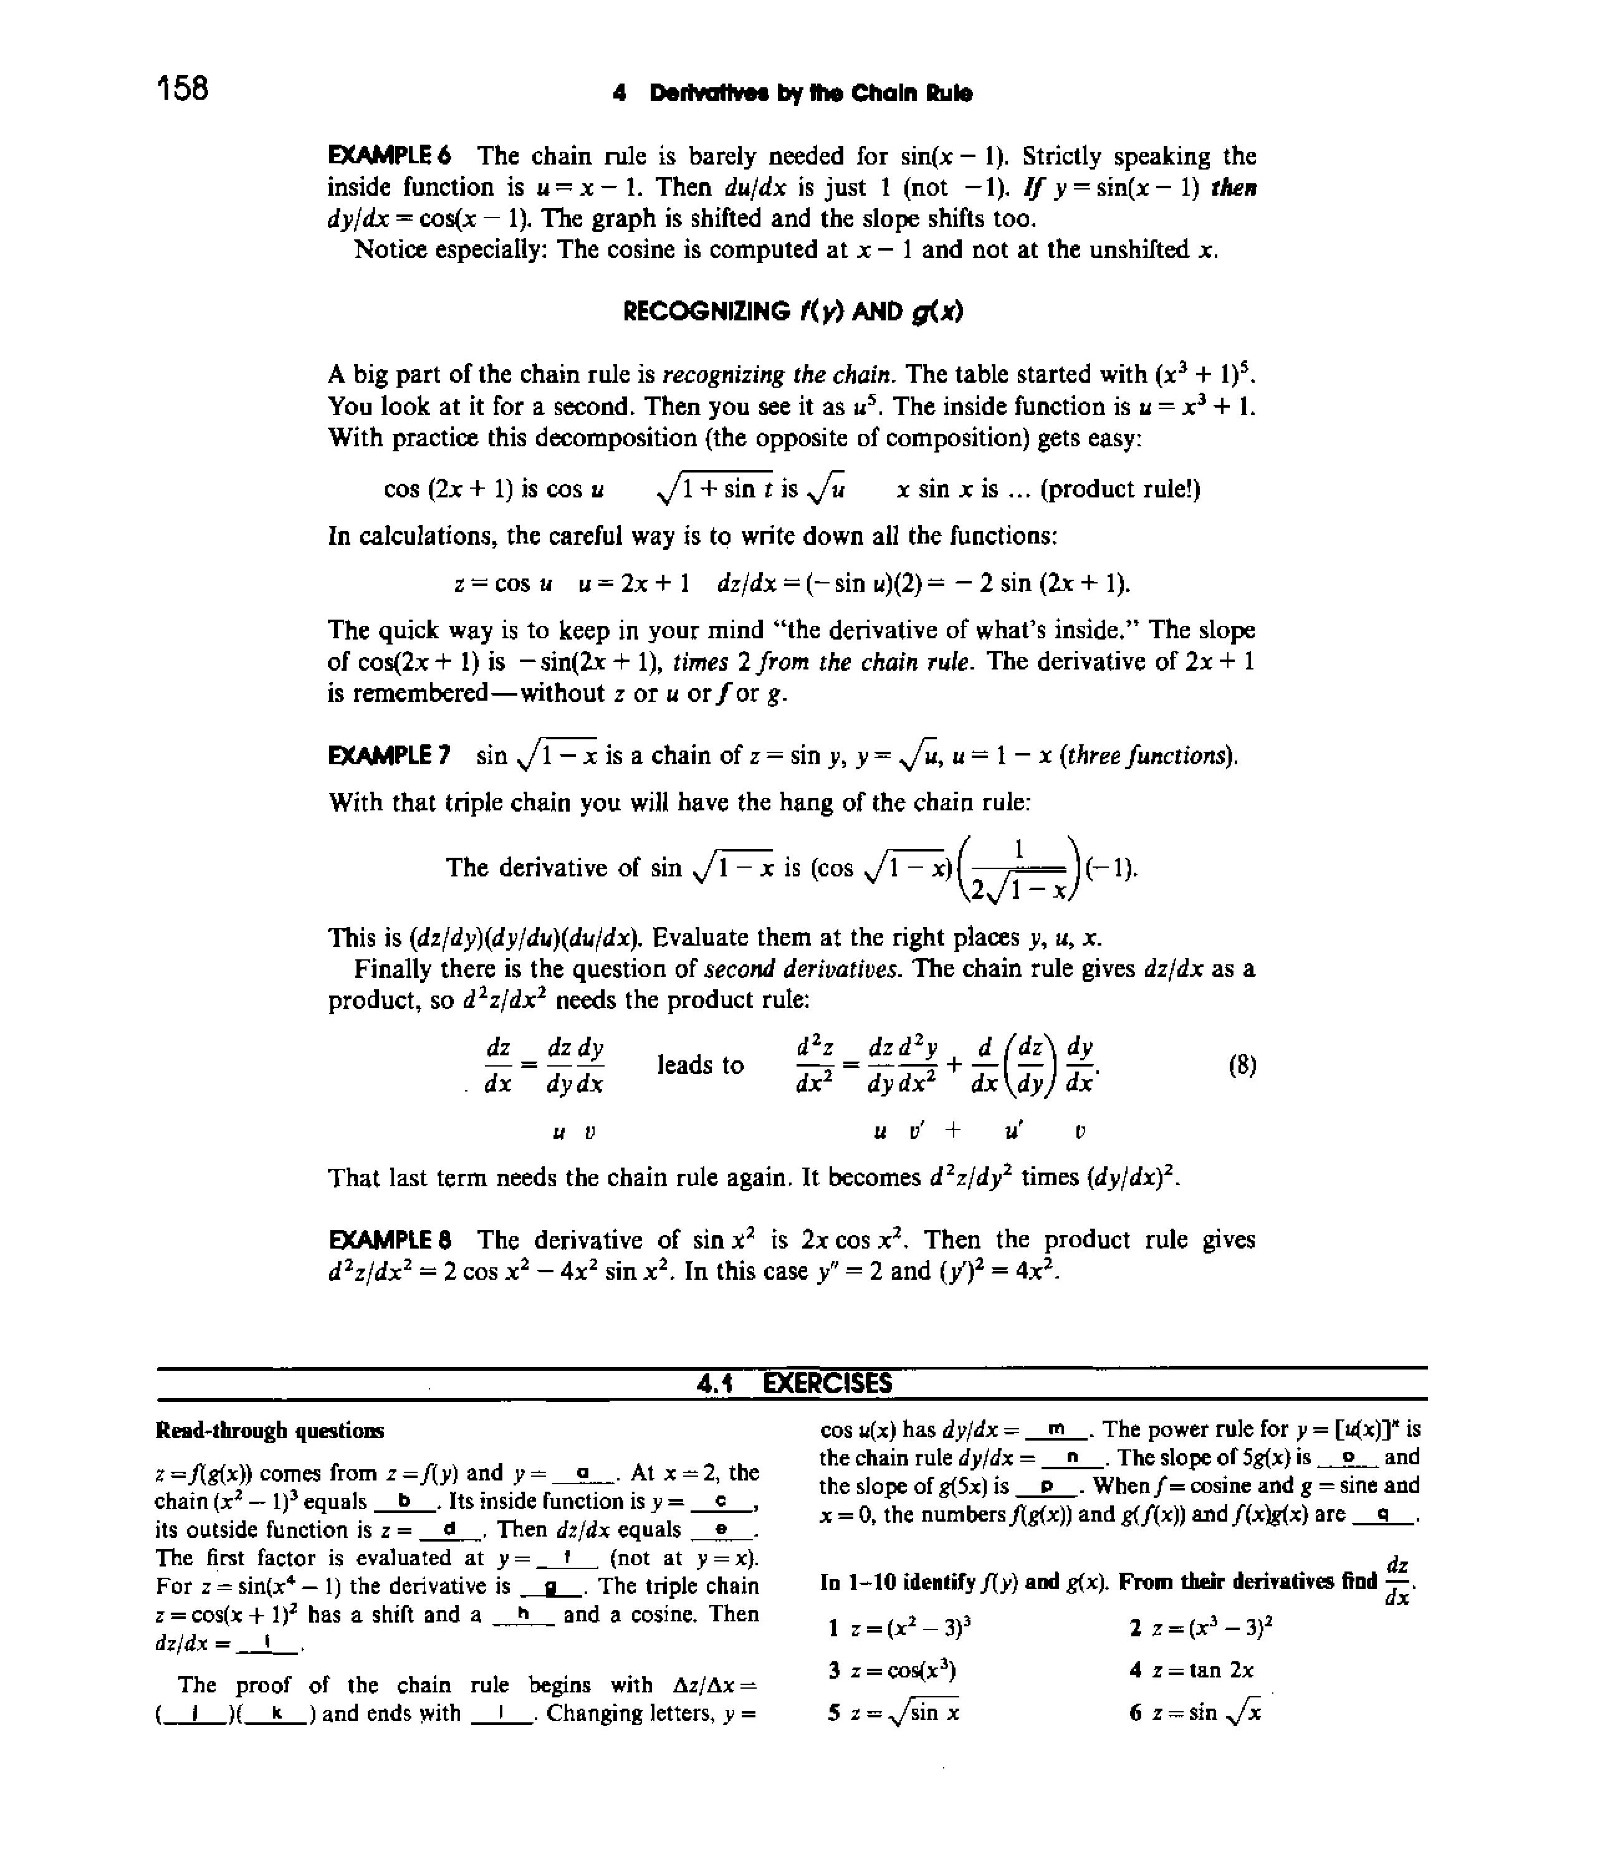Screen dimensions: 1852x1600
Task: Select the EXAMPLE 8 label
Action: pyautogui.click(x=389, y=1240)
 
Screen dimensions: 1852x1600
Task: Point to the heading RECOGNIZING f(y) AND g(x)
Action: pyautogui.click(x=792, y=311)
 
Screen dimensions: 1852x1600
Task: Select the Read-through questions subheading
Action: pyautogui.click(x=270, y=1431)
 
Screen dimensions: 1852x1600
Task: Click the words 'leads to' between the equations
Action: pyautogui.click(x=700, y=1065)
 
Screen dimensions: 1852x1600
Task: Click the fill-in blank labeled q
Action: pyautogui.click(x=1382, y=1514)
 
